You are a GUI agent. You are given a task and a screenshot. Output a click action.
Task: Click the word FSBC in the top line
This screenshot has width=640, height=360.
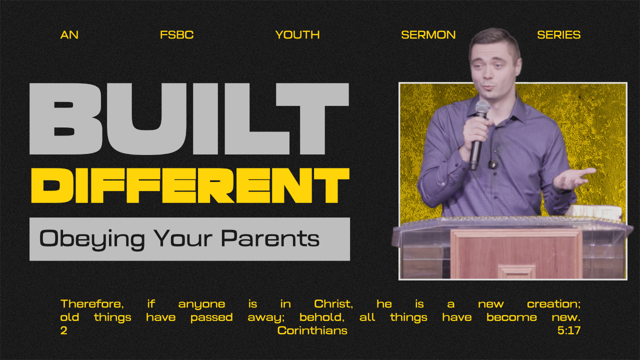[176, 35]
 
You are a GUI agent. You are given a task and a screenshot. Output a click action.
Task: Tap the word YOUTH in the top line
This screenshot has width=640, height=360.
[297, 35]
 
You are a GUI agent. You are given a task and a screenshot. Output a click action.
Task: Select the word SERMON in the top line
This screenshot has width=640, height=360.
[428, 35]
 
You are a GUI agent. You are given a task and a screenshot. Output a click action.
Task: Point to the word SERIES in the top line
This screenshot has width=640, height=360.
[559, 35]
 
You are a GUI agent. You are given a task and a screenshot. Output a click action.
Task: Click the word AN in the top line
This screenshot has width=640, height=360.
[69, 35]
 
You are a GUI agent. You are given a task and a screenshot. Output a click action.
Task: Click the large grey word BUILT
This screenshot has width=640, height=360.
[189, 119]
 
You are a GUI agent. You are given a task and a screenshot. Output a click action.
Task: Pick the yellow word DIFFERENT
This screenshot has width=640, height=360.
[190, 185]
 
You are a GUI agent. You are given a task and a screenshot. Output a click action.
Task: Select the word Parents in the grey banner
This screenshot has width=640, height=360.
[270, 238]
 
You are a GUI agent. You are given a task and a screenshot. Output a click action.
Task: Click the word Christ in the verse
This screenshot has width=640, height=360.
[333, 304]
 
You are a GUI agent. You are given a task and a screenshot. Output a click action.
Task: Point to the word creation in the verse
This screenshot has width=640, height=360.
[553, 304]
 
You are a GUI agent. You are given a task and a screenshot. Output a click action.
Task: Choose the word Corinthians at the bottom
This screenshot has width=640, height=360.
[312, 330]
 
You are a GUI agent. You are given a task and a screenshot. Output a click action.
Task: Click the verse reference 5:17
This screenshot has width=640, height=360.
[569, 330]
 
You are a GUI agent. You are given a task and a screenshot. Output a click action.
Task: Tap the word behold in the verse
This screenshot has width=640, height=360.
[322, 317]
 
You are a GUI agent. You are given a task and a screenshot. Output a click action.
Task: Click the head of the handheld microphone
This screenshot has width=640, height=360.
[482, 108]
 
